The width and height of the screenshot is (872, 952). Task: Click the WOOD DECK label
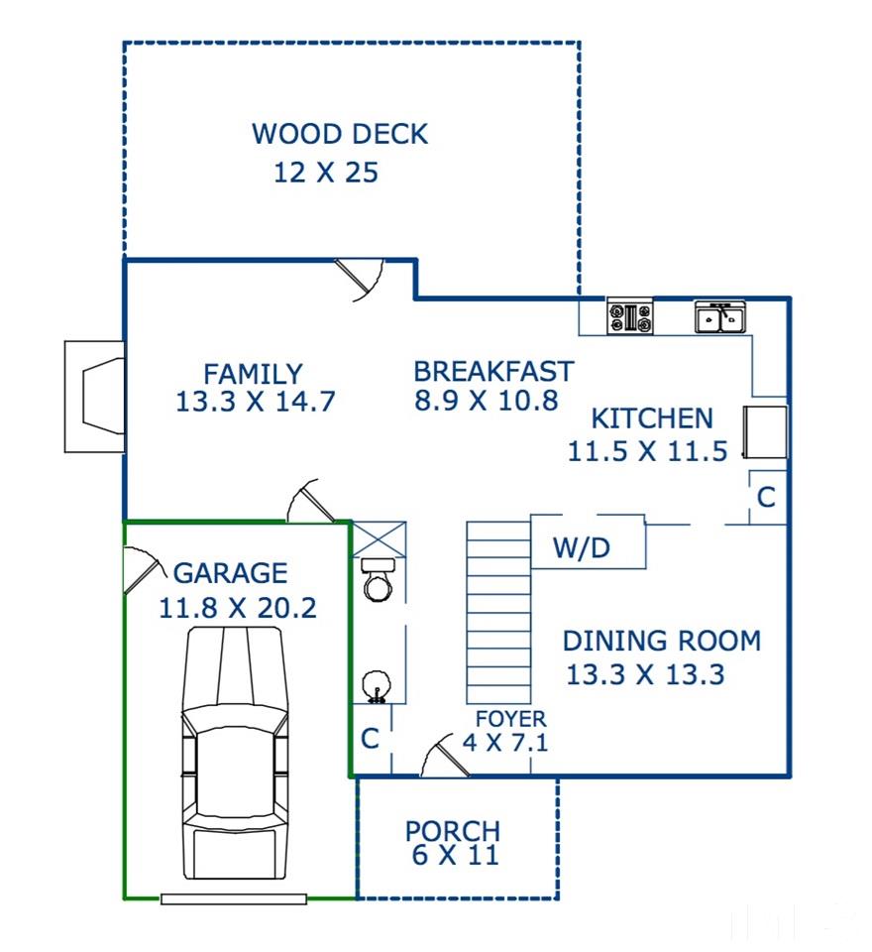pos(340,134)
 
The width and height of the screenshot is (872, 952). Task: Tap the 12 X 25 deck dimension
pos(326,173)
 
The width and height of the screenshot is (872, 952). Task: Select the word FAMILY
pos(253,374)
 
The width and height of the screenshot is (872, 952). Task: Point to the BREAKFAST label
pos(493,372)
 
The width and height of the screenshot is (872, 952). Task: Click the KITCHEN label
pos(652,418)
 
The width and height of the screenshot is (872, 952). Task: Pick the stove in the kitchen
pos(630,316)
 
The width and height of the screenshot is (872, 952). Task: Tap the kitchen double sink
pos(720,316)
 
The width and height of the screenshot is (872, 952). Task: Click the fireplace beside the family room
pos(95,397)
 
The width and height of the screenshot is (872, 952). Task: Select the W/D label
pos(582,547)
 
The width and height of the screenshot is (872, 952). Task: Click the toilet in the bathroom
pos(378,580)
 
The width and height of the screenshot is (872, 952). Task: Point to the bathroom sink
pos(378,686)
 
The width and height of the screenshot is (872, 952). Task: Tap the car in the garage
pos(234,753)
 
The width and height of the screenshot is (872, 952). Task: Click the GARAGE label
pos(231,573)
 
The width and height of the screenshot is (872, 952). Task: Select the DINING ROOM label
pos(662,642)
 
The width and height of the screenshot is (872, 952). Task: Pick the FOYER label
pos(510,719)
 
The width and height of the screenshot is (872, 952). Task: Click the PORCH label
pos(453,831)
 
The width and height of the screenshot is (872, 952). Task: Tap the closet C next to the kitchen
pos(766,498)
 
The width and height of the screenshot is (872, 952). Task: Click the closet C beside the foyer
pos(371,739)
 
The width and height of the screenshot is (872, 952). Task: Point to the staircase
pos(498,613)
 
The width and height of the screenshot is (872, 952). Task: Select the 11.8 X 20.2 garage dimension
pos(237,608)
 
